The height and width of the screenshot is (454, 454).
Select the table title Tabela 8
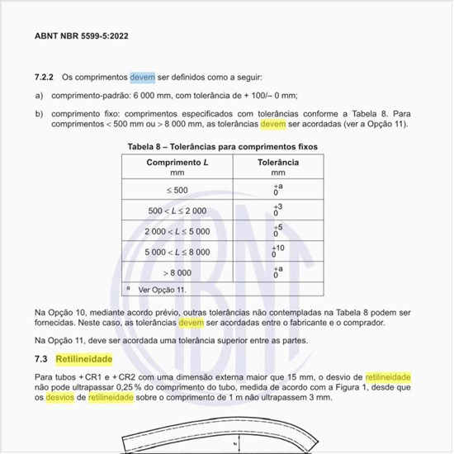coord(222,146)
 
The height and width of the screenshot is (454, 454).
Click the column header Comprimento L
coord(177,163)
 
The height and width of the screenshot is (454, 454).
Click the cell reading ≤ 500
coord(177,191)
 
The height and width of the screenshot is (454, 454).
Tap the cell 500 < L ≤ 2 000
coord(177,211)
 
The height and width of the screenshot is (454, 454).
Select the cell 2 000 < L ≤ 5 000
coord(177,232)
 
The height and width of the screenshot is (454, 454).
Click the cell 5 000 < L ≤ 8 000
coord(177,252)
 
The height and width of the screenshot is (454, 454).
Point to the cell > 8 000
coord(177,272)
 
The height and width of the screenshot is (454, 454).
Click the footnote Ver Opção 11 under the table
coord(162,290)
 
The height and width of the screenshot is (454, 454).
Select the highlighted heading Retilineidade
coord(83,360)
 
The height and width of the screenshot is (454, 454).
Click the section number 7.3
coord(41,360)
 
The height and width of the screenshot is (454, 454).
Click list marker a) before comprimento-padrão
coord(39,96)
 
